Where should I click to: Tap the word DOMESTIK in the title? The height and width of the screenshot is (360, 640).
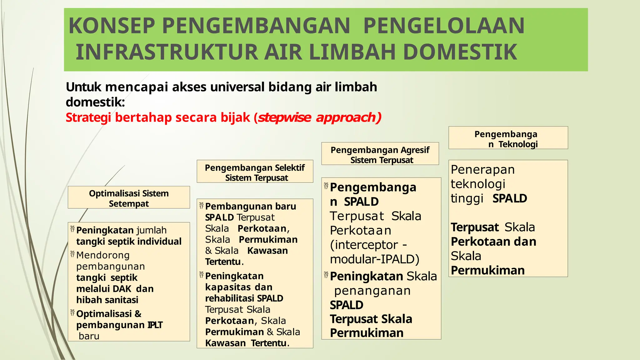[x=460, y=52]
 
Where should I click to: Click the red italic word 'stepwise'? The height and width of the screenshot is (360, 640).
[x=285, y=117]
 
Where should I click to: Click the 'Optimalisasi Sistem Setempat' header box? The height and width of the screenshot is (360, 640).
[x=129, y=197]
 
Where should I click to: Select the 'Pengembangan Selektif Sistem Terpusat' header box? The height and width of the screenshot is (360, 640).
[x=255, y=172]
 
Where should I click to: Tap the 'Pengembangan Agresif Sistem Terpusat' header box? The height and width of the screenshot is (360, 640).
[x=380, y=154]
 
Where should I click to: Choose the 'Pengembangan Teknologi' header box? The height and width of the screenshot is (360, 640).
[x=508, y=138]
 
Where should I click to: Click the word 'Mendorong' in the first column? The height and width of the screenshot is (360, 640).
[x=103, y=255]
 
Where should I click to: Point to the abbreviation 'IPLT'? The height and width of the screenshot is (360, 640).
[x=155, y=325]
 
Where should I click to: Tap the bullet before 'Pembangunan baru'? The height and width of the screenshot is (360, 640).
[x=201, y=206]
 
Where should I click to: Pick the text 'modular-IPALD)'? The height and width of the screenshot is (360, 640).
[x=375, y=259]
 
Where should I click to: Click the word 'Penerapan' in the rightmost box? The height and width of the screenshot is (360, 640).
[x=482, y=170]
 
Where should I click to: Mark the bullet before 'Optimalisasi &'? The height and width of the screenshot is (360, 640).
[x=72, y=313]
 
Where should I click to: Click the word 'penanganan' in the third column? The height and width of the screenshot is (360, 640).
[x=372, y=291]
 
